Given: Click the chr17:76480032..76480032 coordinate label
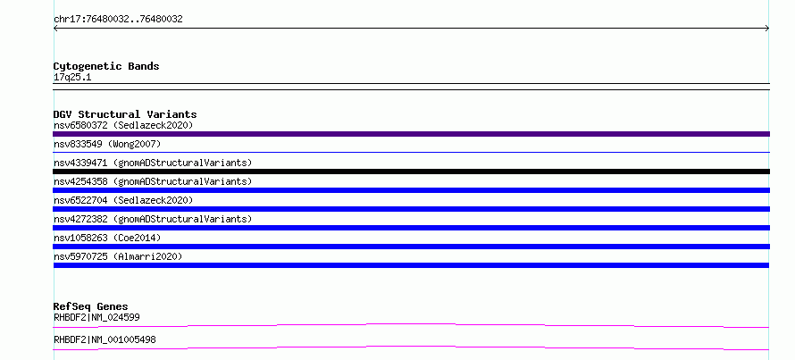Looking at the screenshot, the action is pyautogui.click(x=118, y=20).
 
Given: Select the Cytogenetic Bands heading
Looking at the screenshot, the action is pyautogui.click(x=106, y=66).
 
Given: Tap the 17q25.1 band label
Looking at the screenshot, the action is pyautogui.click(x=72, y=78).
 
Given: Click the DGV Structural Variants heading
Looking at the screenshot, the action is pyautogui.click(x=125, y=114).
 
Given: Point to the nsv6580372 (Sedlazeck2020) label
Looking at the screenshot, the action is pyautogui.click(x=123, y=125).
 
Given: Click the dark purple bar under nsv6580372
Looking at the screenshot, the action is pyautogui.click(x=411, y=134).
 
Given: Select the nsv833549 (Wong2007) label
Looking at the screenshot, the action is pyautogui.click(x=107, y=144).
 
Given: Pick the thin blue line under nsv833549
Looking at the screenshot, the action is pyautogui.click(x=411, y=152).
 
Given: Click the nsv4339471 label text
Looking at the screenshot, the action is pyautogui.click(x=153, y=163).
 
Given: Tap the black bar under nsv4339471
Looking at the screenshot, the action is pyautogui.click(x=411, y=172).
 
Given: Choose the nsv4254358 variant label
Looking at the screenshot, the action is pyautogui.click(x=153, y=181).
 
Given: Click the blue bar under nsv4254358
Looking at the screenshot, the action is pyautogui.click(x=411, y=190).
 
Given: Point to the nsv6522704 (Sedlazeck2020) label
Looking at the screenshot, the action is pyautogui.click(x=123, y=200).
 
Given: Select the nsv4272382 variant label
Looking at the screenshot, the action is pyautogui.click(x=153, y=219).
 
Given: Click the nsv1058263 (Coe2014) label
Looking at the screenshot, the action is pyautogui.click(x=107, y=238).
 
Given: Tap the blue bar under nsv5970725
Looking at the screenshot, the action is pyautogui.click(x=411, y=265).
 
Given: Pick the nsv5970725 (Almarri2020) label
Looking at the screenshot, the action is pyautogui.click(x=118, y=256).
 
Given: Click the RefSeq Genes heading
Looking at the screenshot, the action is pyautogui.click(x=91, y=306).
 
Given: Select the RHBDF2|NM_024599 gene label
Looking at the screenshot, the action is pyautogui.click(x=96, y=317).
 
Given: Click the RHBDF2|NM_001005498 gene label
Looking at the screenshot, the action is pyautogui.click(x=105, y=339).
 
